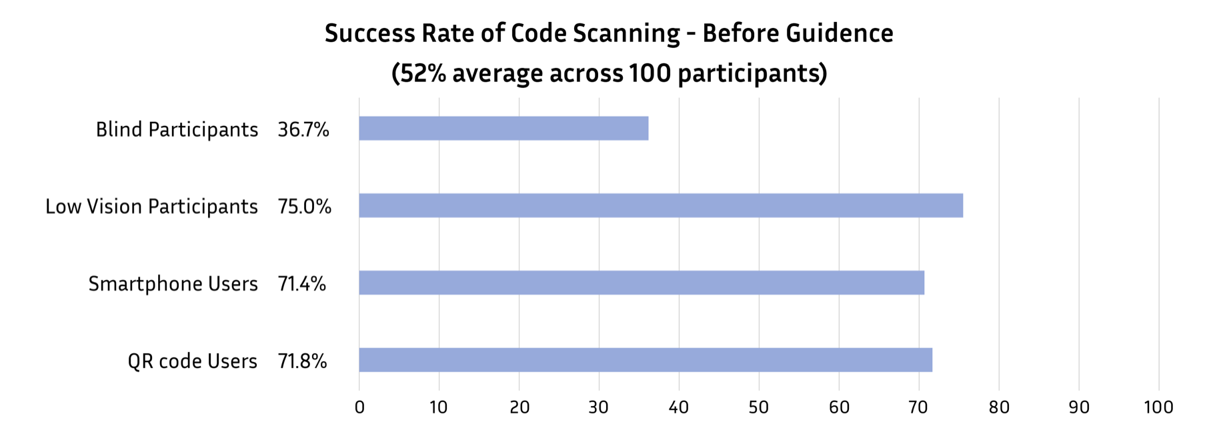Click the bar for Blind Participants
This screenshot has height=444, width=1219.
tap(503, 128)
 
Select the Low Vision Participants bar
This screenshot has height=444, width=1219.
tap(660, 205)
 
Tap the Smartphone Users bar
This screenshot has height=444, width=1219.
tap(642, 283)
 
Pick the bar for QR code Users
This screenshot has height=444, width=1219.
tap(646, 360)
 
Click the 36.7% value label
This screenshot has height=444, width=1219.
tap(303, 129)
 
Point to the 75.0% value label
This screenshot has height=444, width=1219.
tap(304, 207)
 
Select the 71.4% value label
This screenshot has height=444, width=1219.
tap(302, 284)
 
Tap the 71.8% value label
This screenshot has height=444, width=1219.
tap(302, 361)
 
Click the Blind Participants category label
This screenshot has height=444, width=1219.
tap(177, 129)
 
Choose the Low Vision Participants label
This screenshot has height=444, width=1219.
tap(151, 207)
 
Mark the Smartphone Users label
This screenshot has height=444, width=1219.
tap(173, 284)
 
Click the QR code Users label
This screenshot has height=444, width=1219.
tap(192, 361)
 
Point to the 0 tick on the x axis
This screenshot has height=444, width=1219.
tap(359, 407)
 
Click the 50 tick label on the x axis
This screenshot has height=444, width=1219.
tap(759, 407)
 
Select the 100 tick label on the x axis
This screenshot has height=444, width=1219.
tap(1158, 407)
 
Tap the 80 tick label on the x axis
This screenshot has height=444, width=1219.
tap(999, 407)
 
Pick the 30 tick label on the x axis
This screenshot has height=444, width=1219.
tap(599, 407)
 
